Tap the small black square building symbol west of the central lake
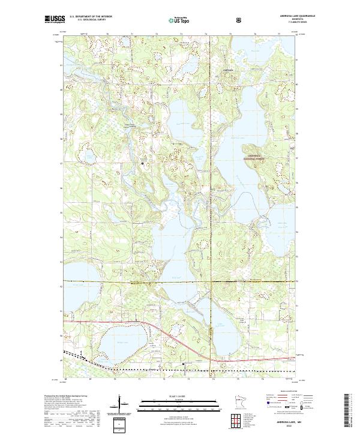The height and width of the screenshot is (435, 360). click(x=142, y=163)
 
